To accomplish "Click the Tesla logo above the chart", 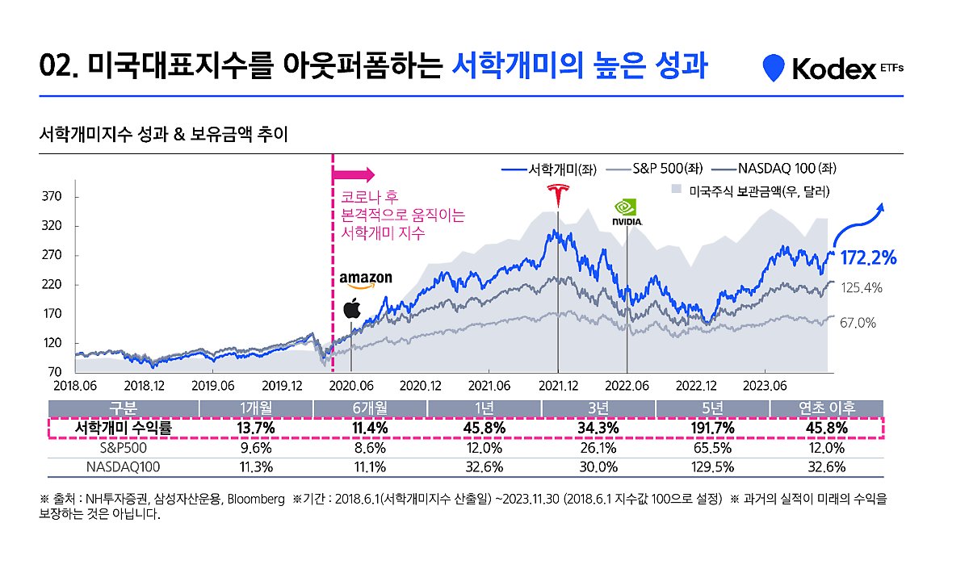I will (x=557, y=196).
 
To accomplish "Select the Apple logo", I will (x=352, y=308).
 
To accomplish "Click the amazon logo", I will (x=366, y=279).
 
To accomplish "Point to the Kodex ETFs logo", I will (x=833, y=69).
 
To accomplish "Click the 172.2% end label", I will (x=869, y=258).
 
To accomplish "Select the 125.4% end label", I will (x=862, y=287).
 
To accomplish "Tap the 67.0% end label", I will (x=858, y=323).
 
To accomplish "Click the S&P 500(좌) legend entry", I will (x=658, y=169).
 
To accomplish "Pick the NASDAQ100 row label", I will (x=123, y=466).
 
